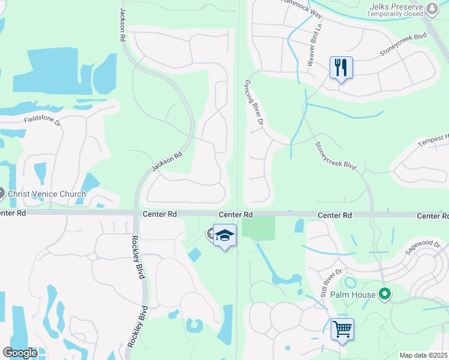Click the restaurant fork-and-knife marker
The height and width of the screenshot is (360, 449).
point(341,67)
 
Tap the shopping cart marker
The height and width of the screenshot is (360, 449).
point(342,329)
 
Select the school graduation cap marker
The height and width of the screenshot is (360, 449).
point(225,235)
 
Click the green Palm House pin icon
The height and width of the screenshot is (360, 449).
point(384,295)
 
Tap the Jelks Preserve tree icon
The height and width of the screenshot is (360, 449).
point(432,8)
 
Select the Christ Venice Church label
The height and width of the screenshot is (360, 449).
point(47,194)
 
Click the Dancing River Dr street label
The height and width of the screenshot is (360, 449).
point(255,103)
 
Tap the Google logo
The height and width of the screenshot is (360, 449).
point(20,352)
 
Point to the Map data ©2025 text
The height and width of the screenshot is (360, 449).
point(423,355)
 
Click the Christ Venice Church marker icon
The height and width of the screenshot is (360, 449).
point(1,194)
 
